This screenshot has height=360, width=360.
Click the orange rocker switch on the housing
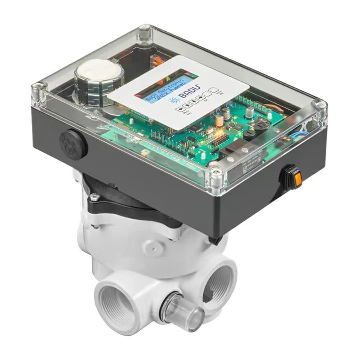click(x=298, y=179)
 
